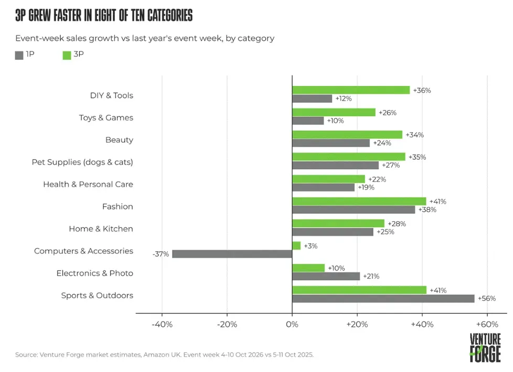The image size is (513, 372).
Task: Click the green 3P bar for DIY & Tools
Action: click(x=351, y=90)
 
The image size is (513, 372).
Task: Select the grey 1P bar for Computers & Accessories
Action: click(x=232, y=254)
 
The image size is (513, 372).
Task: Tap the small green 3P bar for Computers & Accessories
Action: click(x=296, y=246)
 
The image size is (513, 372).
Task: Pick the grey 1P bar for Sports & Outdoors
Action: click(x=383, y=299)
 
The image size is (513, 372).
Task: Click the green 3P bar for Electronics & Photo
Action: click(x=308, y=268)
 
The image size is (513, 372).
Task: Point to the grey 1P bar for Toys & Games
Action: click(x=308, y=121)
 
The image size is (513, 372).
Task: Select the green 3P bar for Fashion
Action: click(x=359, y=201)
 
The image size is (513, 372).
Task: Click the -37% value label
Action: click(x=161, y=254)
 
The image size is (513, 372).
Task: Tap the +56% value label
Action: click(x=487, y=299)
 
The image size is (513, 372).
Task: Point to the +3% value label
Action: click(x=311, y=246)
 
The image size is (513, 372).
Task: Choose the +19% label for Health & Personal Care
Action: click(x=366, y=187)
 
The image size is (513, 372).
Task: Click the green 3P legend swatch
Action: click(x=67, y=56)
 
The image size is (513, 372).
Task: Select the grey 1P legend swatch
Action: click(x=19, y=56)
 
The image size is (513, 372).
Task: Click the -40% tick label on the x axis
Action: click(x=162, y=324)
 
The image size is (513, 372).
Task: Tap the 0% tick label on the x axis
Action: click(x=292, y=324)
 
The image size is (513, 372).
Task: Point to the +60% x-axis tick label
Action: click(x=487, y=324)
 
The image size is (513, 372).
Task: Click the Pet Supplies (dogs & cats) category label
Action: click(x=82, y=162)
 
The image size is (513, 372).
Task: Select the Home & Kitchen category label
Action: click(x=101, y=229)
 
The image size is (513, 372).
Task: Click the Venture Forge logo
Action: click(x=485, y=348)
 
